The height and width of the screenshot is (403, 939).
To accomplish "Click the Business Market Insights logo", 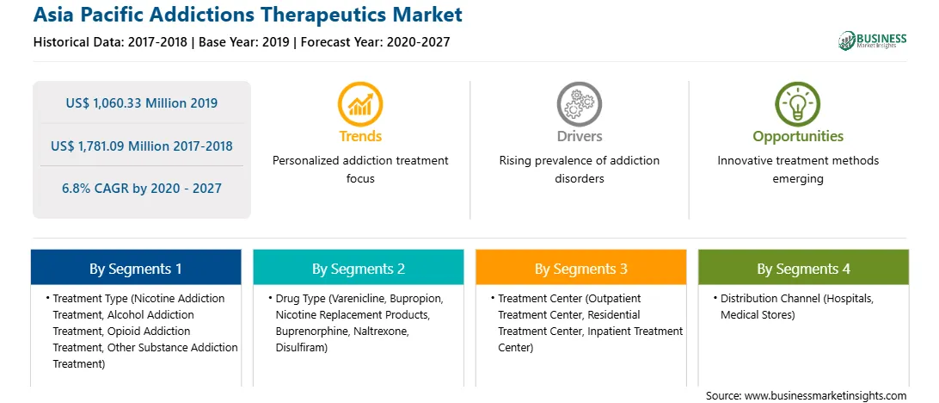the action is coord(873,40).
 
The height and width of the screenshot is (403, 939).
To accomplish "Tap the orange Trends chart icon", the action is coord(360,104).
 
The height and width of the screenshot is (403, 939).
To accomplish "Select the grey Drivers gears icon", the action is coord(579,104).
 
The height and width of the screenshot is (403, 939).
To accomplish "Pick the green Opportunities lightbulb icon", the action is coord(798,104).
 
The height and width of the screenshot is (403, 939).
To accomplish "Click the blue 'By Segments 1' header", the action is coord(136,268).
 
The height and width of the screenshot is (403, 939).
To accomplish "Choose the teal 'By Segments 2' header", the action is coord(358,268).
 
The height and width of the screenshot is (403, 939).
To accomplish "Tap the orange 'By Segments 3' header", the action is coord(581,268).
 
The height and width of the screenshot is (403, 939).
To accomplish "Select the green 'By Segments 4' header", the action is coord(804,268).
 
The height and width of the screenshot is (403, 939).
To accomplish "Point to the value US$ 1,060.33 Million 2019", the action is coord(141,103).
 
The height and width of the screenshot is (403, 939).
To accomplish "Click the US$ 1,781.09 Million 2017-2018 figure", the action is coord(141,146).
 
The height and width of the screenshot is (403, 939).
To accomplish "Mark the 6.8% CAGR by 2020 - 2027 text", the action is coord(141,189).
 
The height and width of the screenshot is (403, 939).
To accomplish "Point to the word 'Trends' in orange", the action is coord(360,137).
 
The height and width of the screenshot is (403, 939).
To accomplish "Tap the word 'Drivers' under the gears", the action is coord(579,137).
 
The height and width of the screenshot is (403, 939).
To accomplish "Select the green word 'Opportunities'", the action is coord(798,137).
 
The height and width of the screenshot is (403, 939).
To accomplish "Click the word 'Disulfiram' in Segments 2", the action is coord(301,347).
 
